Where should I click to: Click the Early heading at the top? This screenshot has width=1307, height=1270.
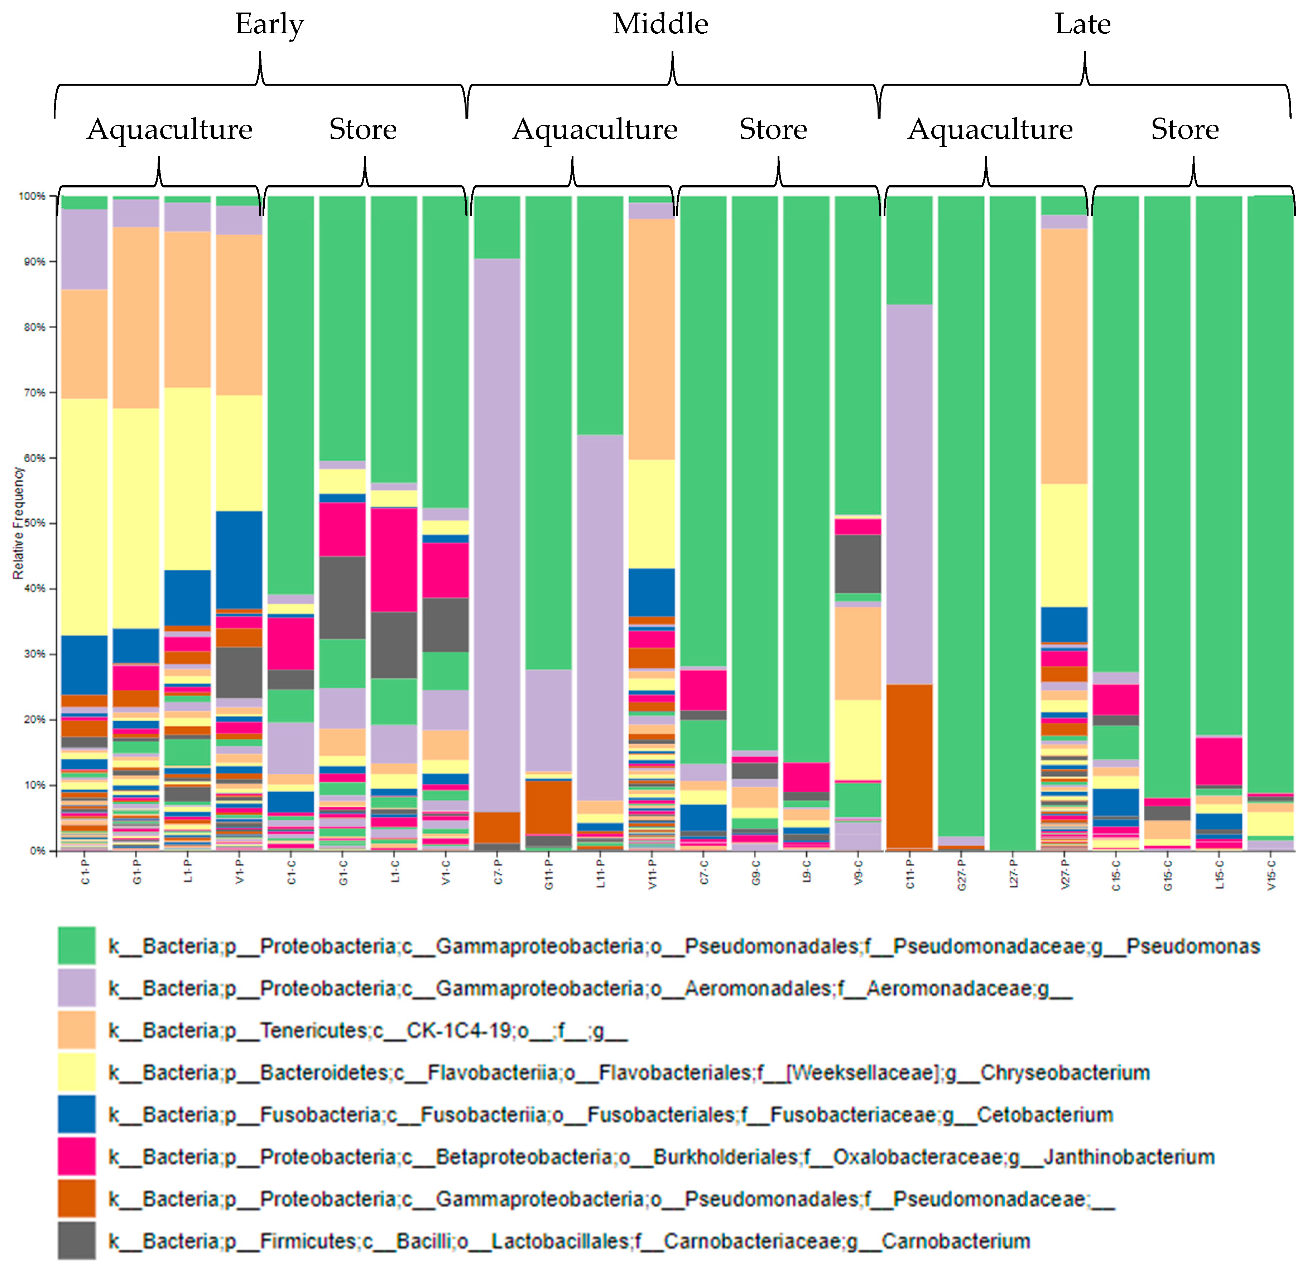click(x=269, y=25)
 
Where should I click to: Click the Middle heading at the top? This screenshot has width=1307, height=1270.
click(x=660, y=25)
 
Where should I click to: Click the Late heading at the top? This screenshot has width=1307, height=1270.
click(x=1082, y=25)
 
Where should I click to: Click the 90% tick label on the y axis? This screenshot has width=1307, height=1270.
click(x=32, y=262)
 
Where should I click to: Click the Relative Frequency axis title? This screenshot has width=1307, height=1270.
click(x=18, y=523)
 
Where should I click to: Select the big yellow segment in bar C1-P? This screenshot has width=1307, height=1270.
click(x=84, y=517)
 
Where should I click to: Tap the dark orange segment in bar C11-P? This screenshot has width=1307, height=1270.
click(x=909, y=766)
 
